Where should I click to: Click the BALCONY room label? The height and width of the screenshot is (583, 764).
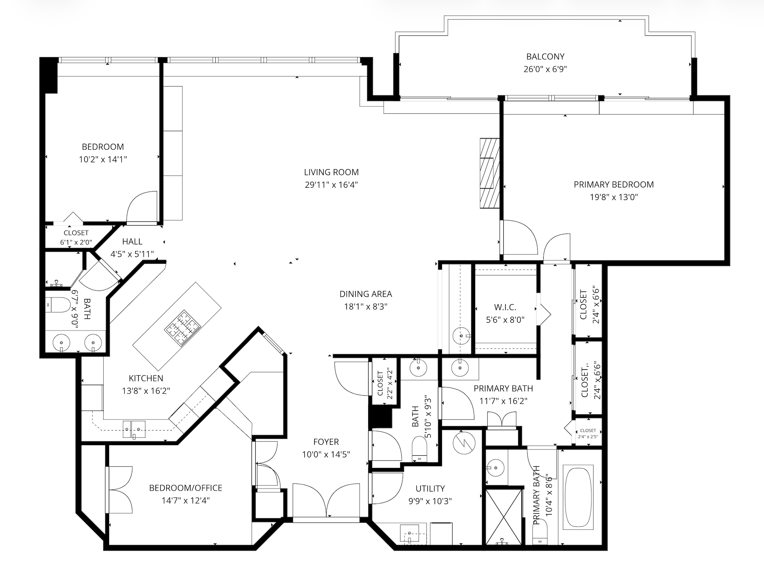[x=545, y=56]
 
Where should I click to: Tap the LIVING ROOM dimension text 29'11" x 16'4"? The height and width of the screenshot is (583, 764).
[x=331, y=184]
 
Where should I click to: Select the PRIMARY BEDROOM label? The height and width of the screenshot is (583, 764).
[x=614, y=184]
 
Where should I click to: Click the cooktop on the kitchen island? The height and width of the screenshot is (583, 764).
[x=183, y=328]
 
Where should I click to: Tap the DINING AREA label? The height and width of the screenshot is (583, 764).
[x=366, y=294]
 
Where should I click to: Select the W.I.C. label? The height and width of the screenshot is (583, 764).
[x=505, y=307]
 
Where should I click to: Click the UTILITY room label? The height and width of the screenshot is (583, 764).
[x=430, y=488]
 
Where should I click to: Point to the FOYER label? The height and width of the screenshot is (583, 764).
[x=326, y=442]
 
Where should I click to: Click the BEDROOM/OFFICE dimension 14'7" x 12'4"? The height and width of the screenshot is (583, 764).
[x=186, y=500]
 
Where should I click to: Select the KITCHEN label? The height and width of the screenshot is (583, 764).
[x=146, y=378]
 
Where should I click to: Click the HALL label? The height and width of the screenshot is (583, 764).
[x=132, y=242]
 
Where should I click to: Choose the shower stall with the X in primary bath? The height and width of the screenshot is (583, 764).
[x=504, y=516]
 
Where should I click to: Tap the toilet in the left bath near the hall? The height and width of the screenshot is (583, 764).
[x=58, y=305]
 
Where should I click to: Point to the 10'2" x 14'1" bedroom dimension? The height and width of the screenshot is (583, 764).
[x=103, y=159]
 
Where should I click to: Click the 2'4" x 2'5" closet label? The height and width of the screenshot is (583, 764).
[x=588, y=437]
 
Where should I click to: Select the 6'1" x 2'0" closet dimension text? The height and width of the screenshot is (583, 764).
[x=76, y=242]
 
